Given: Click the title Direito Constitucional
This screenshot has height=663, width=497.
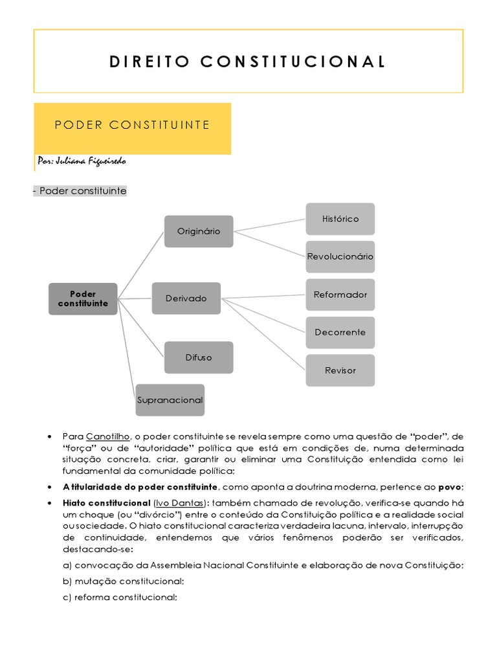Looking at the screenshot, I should (248, 62).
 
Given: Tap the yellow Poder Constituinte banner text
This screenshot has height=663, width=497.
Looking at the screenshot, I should (132, 125).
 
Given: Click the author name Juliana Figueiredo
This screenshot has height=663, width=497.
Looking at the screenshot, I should (82, 161).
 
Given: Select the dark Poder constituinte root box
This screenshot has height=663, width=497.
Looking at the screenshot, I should (83, 298).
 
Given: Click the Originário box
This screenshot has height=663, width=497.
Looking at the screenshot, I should (199, 231).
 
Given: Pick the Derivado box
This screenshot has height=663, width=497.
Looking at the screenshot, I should (186, 298).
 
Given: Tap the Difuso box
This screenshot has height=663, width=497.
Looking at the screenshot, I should (199, 357).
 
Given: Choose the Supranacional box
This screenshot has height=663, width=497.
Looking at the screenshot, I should (170, 399).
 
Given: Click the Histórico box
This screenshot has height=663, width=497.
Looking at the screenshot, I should (340, 219).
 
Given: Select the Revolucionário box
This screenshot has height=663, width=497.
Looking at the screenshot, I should (340, 256).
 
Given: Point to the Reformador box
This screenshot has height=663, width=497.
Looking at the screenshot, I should (340, 295).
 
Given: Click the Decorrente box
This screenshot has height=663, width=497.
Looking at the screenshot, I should (340, 332).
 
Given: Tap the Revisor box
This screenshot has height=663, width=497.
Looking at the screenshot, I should (340, 370).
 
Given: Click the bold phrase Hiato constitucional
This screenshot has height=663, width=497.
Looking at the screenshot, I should (97, 502).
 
